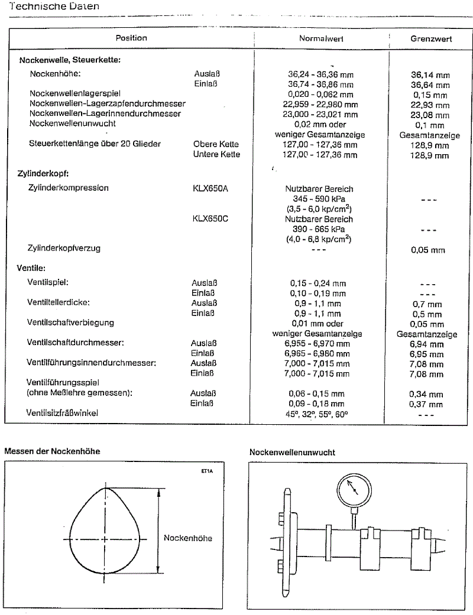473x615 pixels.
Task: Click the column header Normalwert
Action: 321,38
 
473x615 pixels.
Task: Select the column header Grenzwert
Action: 431,38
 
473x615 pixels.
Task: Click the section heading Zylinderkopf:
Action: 44,174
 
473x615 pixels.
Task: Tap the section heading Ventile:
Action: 33,268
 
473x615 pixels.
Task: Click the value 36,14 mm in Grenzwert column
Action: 430,75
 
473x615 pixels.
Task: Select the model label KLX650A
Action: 210,188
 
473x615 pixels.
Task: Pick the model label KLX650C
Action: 210,219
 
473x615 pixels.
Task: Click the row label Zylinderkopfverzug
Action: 64,248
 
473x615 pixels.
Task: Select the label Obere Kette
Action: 216,144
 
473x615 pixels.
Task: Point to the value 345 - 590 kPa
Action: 319,199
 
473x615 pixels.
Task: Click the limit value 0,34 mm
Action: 426,394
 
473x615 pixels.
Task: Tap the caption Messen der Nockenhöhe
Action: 52,451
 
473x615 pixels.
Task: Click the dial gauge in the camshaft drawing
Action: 352,490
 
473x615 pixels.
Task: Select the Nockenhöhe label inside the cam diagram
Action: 187,538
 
